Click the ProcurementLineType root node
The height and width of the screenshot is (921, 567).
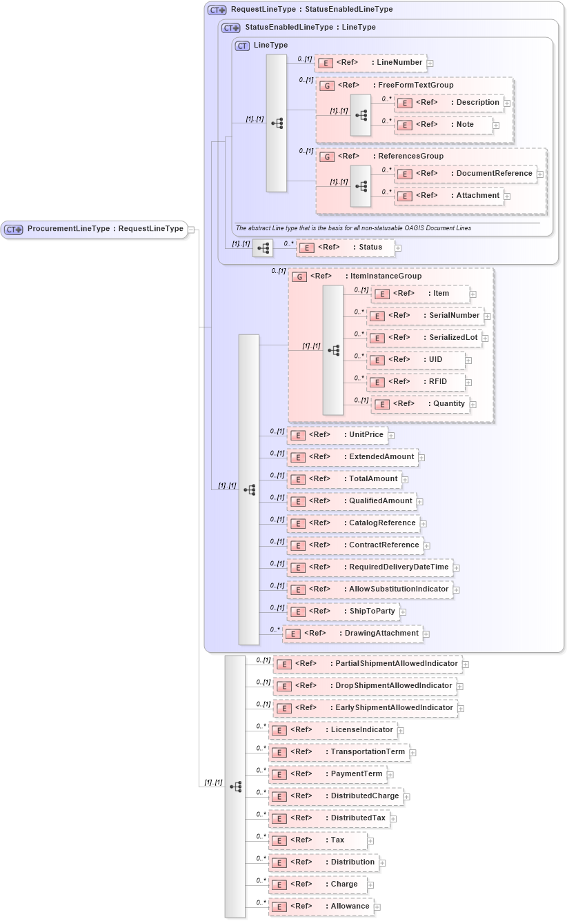[x=94, y=229]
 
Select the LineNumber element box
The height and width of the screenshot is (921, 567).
[x=370, y=63]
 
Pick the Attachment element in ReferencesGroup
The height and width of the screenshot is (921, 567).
[x=449, y=196]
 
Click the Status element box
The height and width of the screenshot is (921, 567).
[x=345, y=247]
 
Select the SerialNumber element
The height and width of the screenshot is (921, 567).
[x=425, y=316]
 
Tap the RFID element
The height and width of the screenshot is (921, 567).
[x=416, y=382]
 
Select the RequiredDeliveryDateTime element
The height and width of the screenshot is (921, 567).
[x=370, y=567]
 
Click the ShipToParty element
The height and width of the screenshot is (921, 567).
[x=343, y=611]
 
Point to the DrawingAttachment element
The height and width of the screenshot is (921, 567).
[x=352, y=634]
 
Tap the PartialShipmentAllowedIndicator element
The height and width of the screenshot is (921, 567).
[x=368, y=664]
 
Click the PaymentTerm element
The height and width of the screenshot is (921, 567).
[x=327, y=774]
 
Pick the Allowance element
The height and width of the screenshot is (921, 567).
[x=321, y=907]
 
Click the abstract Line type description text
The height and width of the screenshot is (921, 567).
[x=353, y=228]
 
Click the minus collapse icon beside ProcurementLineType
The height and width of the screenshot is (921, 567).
[x=192, y=230]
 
